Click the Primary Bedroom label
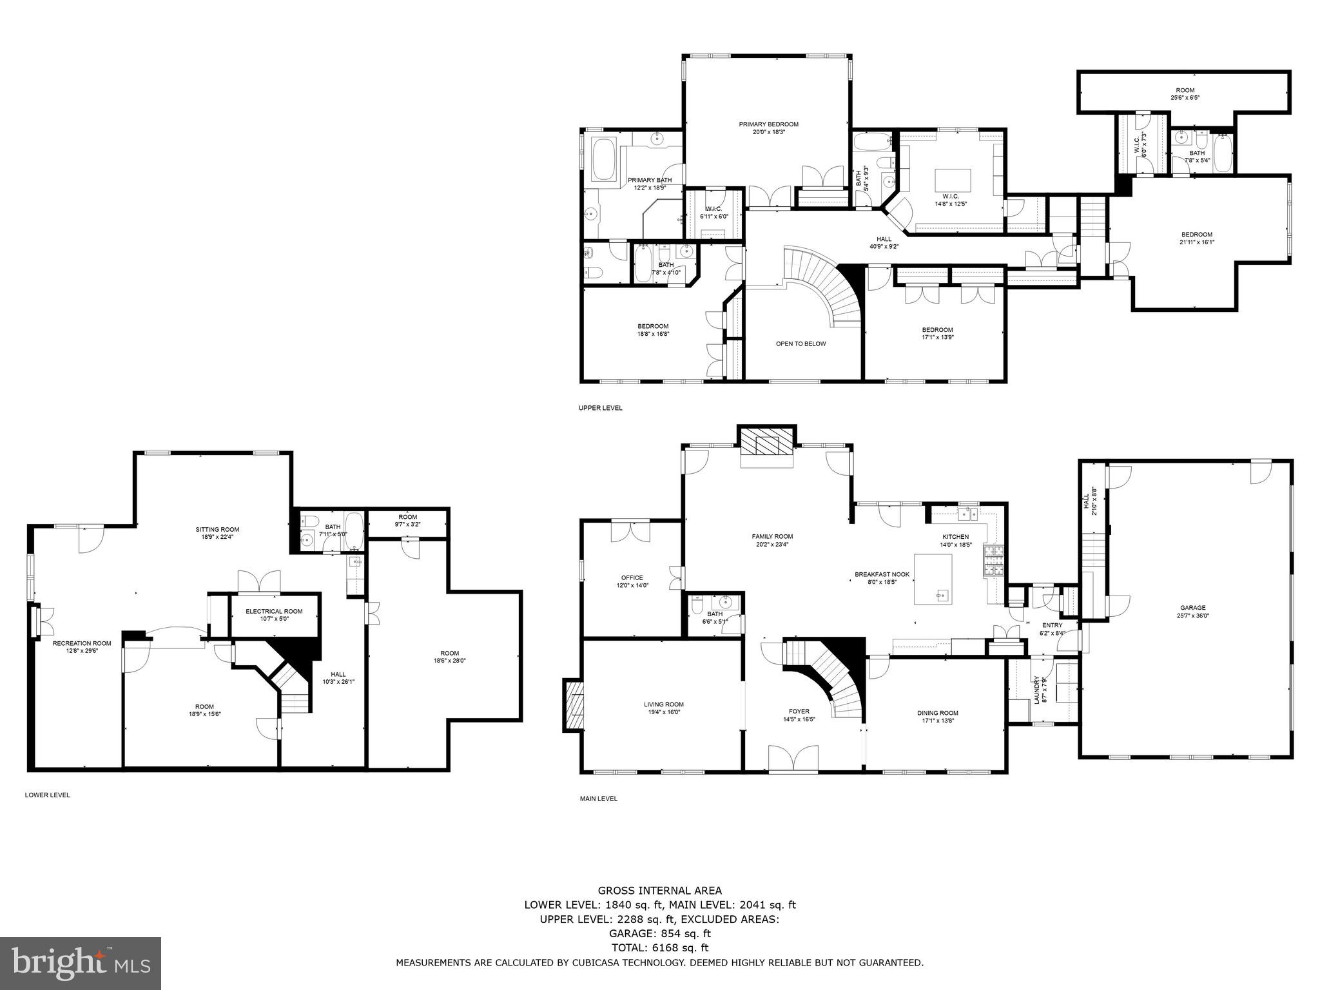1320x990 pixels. point(768,124)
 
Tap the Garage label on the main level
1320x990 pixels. point(1192,607)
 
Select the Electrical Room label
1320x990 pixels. point(274,611)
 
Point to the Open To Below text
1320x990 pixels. point(801,344)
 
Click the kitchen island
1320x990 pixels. point(933,579)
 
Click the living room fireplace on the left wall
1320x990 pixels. point(573,704)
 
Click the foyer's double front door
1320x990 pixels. point(794,759)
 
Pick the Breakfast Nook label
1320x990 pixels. point(882,574)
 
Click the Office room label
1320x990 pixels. point(632,577)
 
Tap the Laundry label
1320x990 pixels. point(1036,690)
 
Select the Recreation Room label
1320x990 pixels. point(82,643)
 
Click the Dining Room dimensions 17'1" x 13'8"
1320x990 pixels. point(937,721)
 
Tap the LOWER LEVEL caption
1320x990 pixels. point(47,795)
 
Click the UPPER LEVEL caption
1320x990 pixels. point(600,408)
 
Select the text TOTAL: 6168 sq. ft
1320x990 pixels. point(659,947)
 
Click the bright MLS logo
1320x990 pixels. point(81,963)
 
